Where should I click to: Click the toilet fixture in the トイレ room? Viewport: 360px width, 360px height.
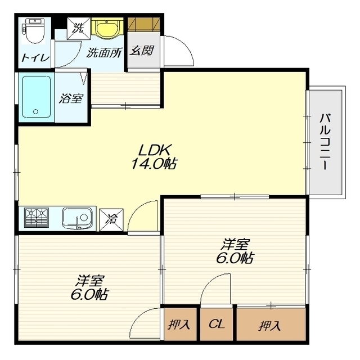pos(34,31)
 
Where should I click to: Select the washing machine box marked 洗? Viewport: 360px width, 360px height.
pos(79,29)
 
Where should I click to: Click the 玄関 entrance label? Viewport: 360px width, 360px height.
pos(141,51)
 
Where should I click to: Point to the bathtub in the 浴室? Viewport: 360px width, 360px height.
pos(36,97)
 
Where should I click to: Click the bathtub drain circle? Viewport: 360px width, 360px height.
pos(35,112)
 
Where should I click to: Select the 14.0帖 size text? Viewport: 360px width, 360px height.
pos(154,164)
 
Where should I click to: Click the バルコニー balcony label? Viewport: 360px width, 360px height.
pos(325,141)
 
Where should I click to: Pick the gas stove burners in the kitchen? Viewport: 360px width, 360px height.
pos(37,218)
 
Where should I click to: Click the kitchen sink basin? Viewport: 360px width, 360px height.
pos(78,218)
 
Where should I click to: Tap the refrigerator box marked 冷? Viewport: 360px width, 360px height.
pos(111,220)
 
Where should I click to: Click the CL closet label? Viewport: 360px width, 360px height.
pos(216,324)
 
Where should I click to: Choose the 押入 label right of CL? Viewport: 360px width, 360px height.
pos(270,325)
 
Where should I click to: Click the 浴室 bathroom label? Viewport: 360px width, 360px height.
pos(71,98)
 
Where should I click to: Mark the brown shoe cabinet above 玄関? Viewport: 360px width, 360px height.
pos(144,24)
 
